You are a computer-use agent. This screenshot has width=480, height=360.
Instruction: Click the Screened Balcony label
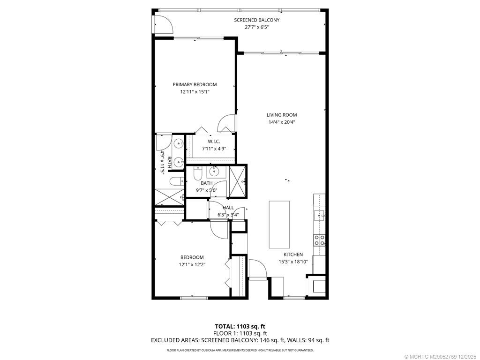coord(256,20)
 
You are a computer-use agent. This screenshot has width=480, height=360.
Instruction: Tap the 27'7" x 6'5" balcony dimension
coord(256,27)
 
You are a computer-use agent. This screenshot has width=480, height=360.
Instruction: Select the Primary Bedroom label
coord(195,84)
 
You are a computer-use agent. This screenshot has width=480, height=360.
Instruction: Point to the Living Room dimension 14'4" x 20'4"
coord(282,122)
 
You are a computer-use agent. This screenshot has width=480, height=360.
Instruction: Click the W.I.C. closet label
coord(207,142)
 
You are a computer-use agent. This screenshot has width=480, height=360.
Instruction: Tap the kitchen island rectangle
coord(279,225)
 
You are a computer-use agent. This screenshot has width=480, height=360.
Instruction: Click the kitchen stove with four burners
coord(320,240)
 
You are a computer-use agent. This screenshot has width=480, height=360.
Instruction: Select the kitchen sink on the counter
coord(320,215)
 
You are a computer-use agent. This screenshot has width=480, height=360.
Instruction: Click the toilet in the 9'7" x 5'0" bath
coord(197,173)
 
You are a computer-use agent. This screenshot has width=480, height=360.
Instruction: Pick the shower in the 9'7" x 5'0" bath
coord(238,180)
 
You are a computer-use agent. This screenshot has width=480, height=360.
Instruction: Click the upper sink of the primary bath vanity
coord(178,144)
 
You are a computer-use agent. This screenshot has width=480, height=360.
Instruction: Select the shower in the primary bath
coord(169,197)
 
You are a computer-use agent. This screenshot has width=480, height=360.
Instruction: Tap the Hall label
coord(228,208)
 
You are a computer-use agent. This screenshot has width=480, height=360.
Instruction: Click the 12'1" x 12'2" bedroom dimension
coord(192,264)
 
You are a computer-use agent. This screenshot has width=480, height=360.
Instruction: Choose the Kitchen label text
coord(293,255)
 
